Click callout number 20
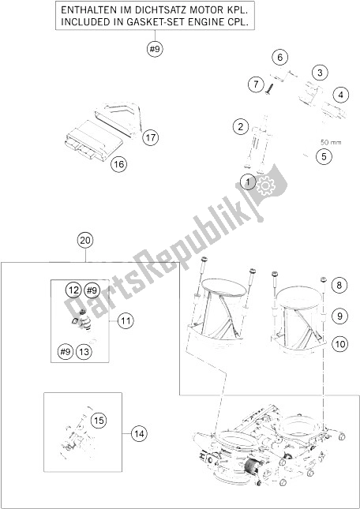(85, 241)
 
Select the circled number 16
(118, 164)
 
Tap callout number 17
(150, 137)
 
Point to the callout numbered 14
(139, 433)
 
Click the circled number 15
(99, 421)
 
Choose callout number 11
(126, 321)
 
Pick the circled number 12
(74, 290)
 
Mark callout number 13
(84, 351)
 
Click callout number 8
(339, 286)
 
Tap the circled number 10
(339, 344)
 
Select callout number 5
(324, 156)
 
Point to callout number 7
(257, 84)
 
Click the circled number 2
(241, 126)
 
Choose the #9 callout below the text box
(155, 50)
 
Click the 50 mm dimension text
(331, 142)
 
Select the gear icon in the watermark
(265, 185)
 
